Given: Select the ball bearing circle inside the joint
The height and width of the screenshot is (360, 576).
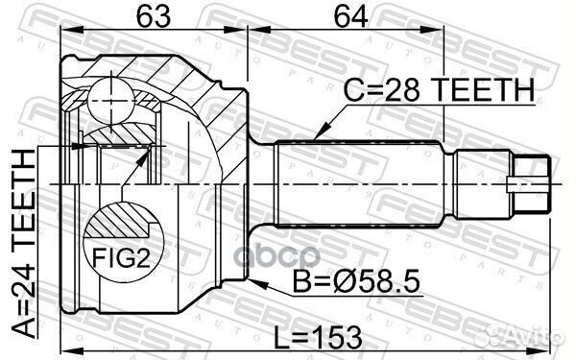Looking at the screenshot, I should [111, 97].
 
